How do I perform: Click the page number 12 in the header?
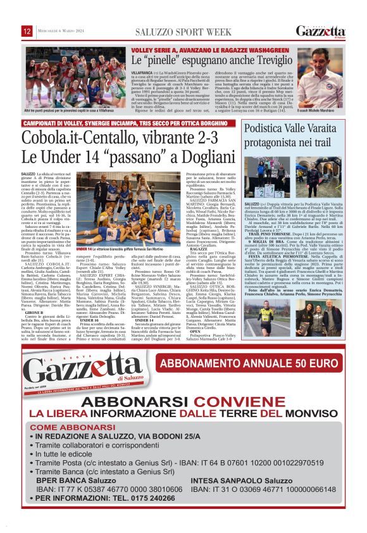coord(27,31)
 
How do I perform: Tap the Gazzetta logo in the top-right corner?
coord(321,31)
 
